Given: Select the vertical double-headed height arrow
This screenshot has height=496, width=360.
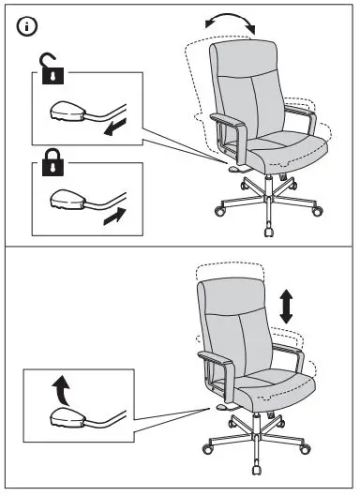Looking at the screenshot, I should click(286, 307).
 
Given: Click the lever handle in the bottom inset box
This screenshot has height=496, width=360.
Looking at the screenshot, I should click(66, 415).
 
